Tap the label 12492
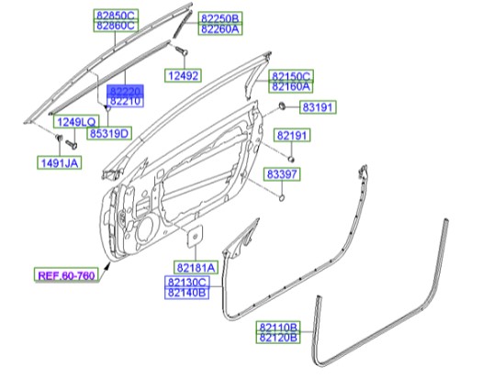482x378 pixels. click(183, 75)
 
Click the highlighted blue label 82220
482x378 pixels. click(126, 94)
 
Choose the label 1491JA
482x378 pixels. click(58, 163)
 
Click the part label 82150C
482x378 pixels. click(291, 75)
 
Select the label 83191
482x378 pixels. click(313, 108)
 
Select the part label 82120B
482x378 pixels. click(277, 338)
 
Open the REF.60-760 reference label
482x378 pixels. click(67, 274)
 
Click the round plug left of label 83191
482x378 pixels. click(281, 108)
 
